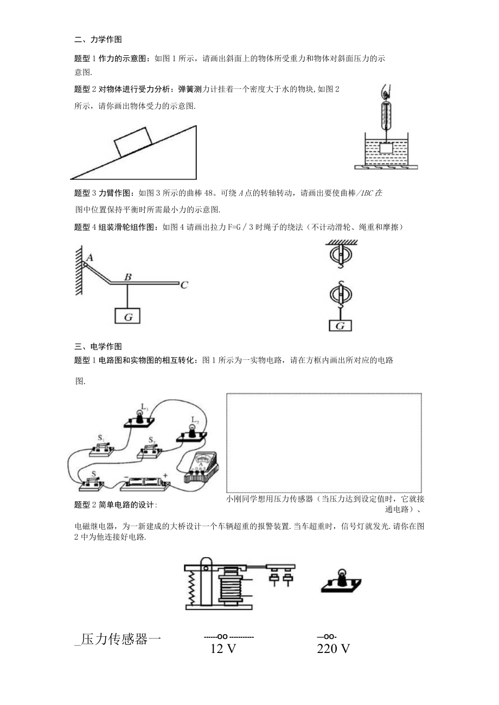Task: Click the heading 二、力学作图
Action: pyautogui.click(x=98, y=40)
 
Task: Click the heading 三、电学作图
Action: pyautogui.click(x=98, y=346)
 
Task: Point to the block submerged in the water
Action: pyautogui.click(x=386, y=147)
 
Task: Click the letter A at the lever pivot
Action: pyautogui.click(x=90, y=258)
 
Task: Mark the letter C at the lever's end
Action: pyautogui.click(x=184, y=284)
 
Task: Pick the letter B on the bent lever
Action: pyautogui.click(x=128, y=277)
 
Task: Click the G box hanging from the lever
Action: pyautogui.click(x=128, y=317)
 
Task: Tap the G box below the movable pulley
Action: pyautogui.click(x=340, y=326)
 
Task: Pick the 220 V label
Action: pyautogui.click(x=333, y=649)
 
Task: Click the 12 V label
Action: pyautogui.click(x=223, y=649)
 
